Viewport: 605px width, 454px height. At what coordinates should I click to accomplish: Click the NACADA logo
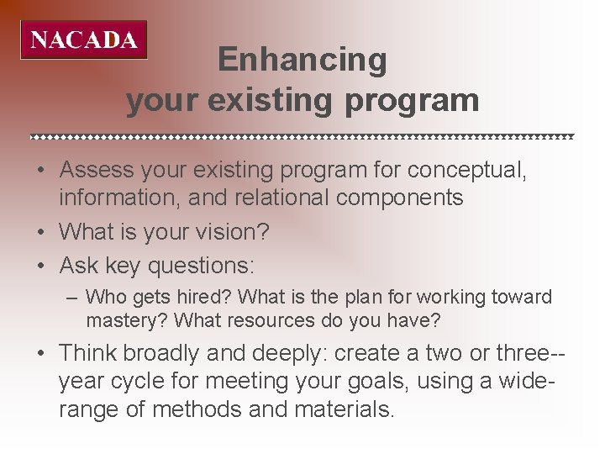pos(84,40)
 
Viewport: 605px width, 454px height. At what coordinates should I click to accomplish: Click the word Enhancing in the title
pos(302,60)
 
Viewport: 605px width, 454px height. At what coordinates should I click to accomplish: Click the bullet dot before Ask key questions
pos(40,267)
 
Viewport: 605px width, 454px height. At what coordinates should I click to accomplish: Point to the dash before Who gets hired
pos(73,298)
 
